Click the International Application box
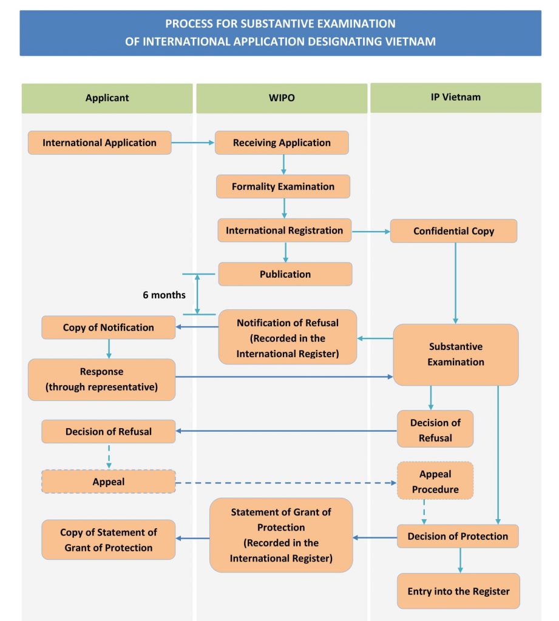click(x=100, y=143)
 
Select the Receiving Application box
click(x=282, y=143)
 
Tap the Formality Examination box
click(x=283, y=187)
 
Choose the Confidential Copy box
click(x=453, y=231)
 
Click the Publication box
click(x=285, y=274)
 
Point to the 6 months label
click(x=164, y=295)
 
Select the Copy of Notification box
click(x=108, y=327)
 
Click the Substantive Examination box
click(x=455, y=354)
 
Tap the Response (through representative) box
click(x=101, y=380)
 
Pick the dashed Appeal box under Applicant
click(x=108, y=482)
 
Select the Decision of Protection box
click(x=458, y=536)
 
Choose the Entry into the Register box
click(x=458, y=591)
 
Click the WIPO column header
click(x=282, y=98)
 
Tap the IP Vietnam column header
click(x=455, y=97)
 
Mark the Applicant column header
click(x=107, y=98)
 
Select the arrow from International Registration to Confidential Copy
click(x=370, y=231)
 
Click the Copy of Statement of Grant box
click(x=108, y=540)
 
